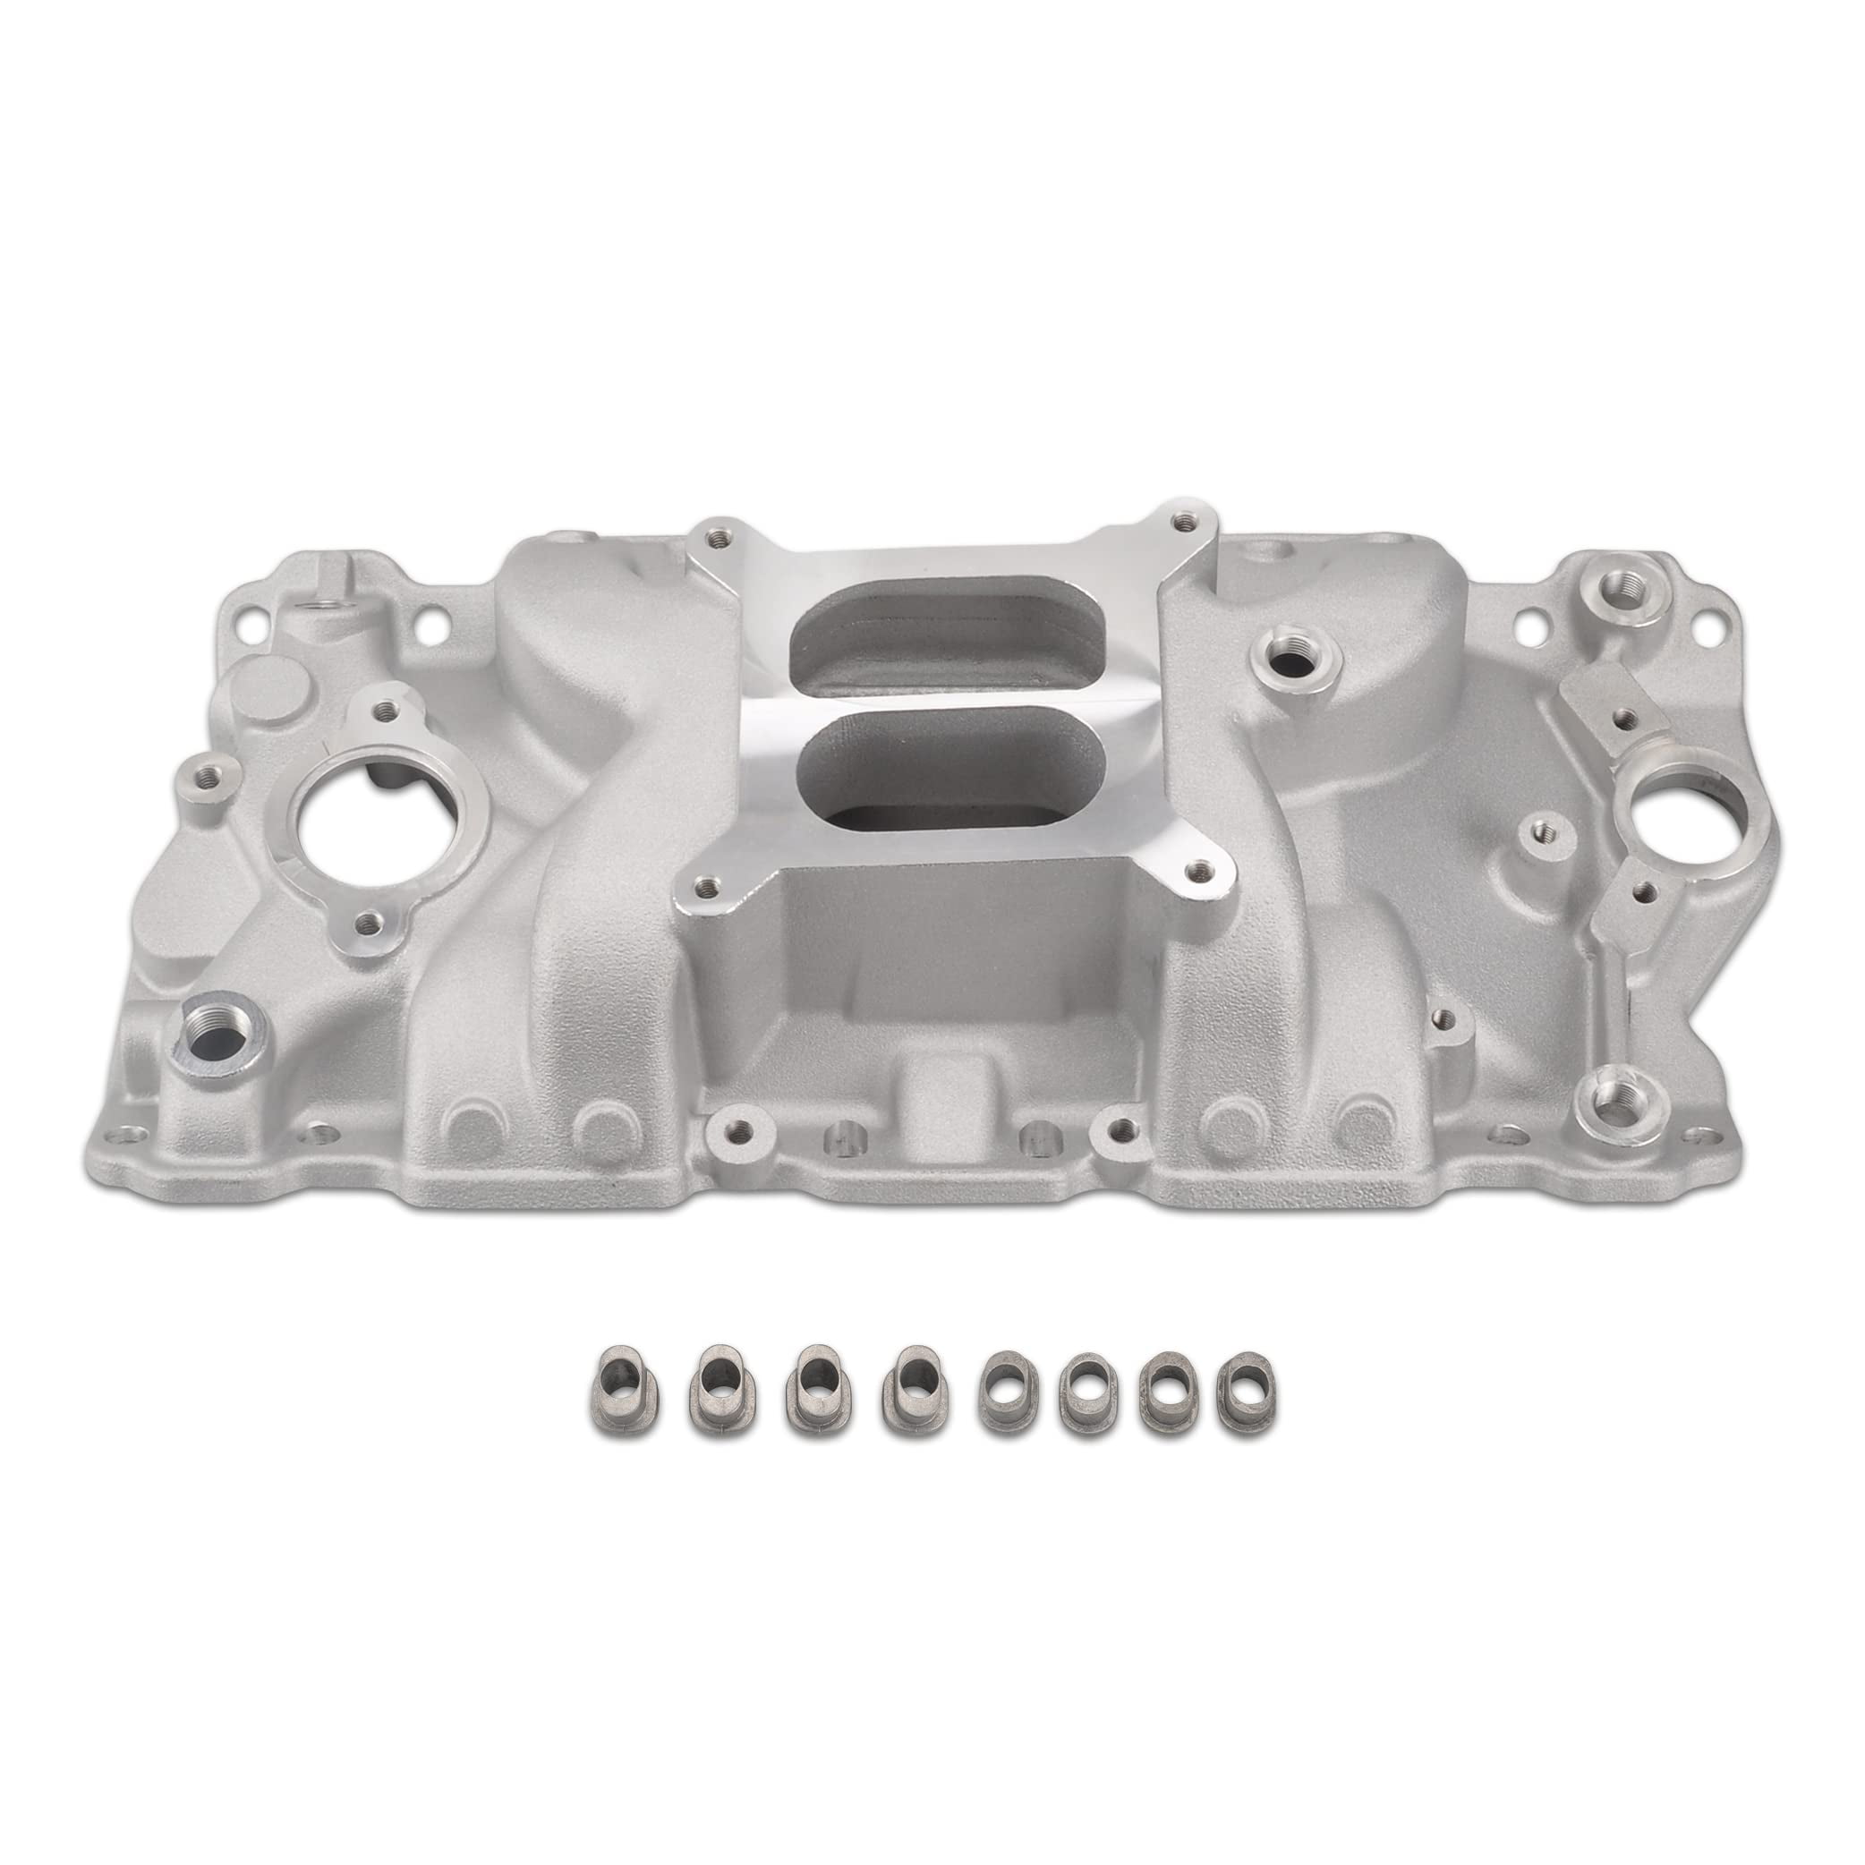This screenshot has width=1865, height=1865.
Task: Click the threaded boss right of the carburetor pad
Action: click(1283, 660)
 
